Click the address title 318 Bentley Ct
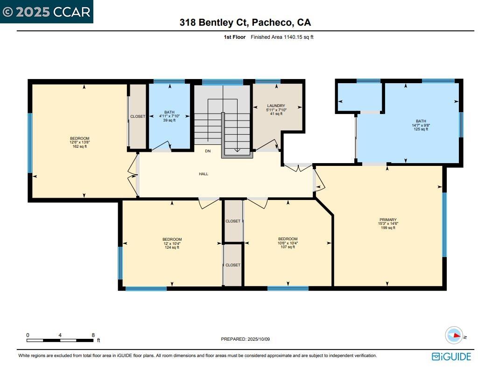[246, 22]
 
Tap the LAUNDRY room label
[276, 106]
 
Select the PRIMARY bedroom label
[388, 220]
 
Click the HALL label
[204, 174]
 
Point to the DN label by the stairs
[208, 151]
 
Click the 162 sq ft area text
[79, 147]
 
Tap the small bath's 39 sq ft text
[169, 121]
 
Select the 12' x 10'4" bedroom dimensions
[172, 243]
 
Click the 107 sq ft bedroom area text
[288, 247]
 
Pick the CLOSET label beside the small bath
[138, 116]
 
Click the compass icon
[454, 336]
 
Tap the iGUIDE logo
[451, 357]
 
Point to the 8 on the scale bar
[93, 335]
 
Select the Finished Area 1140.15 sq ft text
[282, 37]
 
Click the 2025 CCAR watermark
[46, 12]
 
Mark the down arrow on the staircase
[237, 149]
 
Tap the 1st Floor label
[235, 37]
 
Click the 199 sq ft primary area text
[388, 228]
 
